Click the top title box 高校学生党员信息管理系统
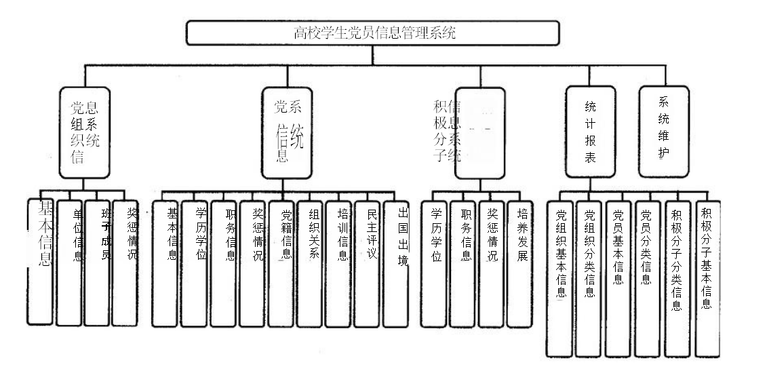(373, 32)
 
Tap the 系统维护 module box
(664, 130)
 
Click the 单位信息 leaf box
(69, 261)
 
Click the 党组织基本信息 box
(560, 277)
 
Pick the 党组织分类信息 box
(589, 277)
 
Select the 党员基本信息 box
(618, 277)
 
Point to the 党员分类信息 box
(648, 277)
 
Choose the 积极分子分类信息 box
(677, 277)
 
